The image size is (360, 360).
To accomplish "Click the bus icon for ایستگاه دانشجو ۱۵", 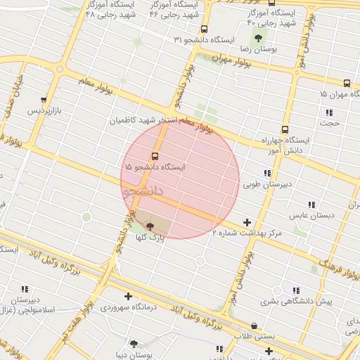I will pos(155,156).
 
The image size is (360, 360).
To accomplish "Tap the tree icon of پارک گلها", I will pos(149,226).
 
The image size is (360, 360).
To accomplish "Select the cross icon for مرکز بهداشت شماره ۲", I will pos(247,223).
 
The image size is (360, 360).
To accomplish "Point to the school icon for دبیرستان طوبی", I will pos(267,173).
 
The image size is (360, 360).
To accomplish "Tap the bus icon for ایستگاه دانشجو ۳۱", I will pos(204,29).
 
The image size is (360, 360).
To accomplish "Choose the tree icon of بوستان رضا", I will pos(258,38).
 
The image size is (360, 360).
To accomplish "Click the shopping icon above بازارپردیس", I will pos(44,100).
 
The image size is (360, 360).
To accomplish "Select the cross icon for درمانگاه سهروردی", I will pos(128,296).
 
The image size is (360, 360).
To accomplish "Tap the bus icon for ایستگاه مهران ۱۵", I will pos(347,82).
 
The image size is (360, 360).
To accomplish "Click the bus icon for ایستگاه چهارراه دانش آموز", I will pos(285,129).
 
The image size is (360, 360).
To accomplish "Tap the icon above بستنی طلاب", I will pos(254,325).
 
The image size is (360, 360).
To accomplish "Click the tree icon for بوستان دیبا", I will pos(134,344).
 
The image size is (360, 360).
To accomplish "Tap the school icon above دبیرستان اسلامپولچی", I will pos(25,289).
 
